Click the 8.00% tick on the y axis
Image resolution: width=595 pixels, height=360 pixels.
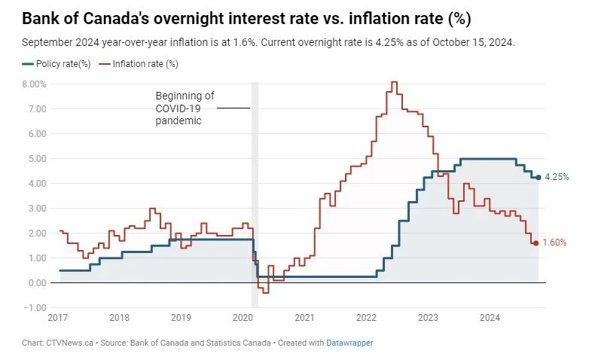(x=35, y=84)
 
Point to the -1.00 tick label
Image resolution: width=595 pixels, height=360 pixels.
(x=35, y=307)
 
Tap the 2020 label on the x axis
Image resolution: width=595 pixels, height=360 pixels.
(x=243, y=319)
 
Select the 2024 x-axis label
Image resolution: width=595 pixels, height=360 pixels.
(x=490, y=319)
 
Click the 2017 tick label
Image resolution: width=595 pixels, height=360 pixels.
(x=57, y=319)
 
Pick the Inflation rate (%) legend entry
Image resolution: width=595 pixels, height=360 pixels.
(x=145, y=64)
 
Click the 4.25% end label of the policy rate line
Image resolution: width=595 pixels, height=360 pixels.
(x=556, y=178)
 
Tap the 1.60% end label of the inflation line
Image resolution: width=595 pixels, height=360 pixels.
(x=554, y=243)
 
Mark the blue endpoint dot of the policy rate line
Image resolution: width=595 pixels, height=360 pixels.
(x=538, y=177)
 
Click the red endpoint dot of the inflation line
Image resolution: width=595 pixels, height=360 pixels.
(x=535, y=243)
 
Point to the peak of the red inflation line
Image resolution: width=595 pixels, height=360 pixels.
(x=394, y=82)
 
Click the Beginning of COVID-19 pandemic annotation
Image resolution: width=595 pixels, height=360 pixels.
(x=185, y=108)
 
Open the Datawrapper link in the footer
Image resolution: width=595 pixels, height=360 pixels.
(x=349, y=343)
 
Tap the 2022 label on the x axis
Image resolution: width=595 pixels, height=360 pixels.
(x=366, y=319)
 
